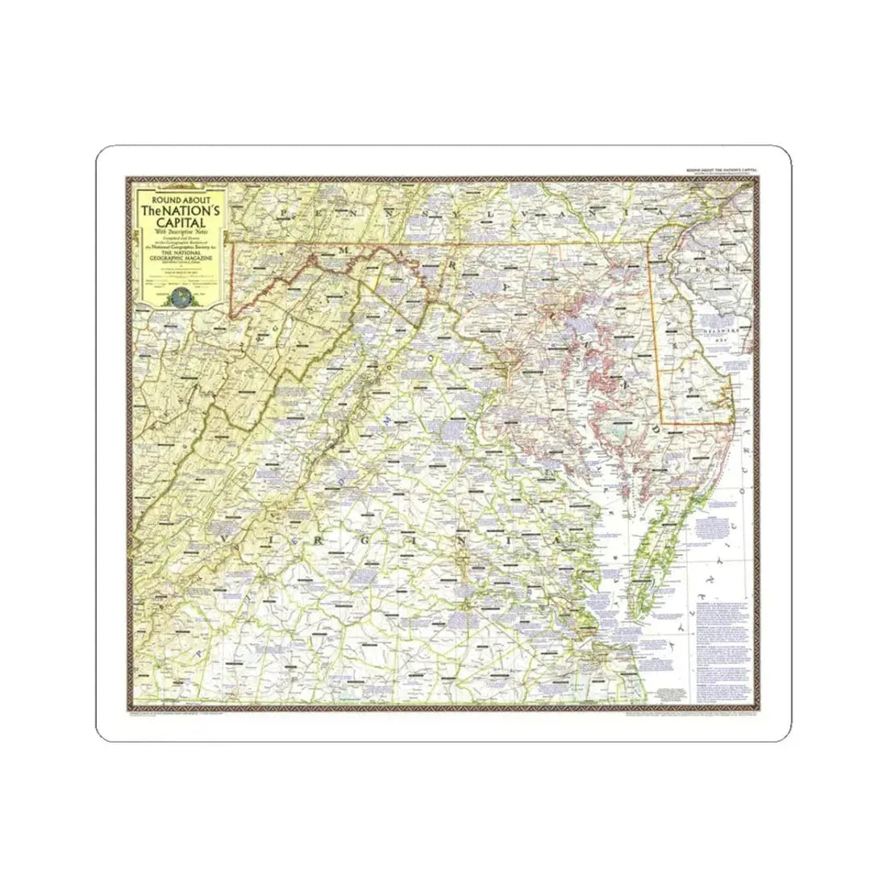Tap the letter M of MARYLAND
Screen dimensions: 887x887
click(x=343, y=251)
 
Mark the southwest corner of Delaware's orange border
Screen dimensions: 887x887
click(x=664, y=425)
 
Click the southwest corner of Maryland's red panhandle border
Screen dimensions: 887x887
click(x=231, y=316)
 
